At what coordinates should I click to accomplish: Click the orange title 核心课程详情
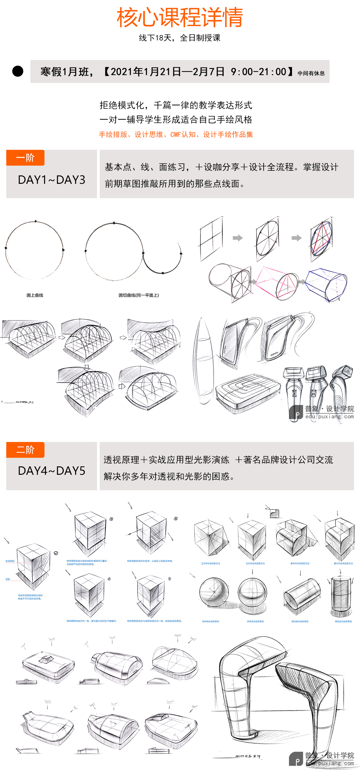pyautogui.click(x=180, y=17)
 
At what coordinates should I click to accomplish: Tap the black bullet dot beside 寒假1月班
pyautogui.click(x=18, y=71)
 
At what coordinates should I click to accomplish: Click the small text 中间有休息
pyautogui.click(x=311, y=73)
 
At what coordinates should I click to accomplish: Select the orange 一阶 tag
pyautogui.click(x=25, y=158)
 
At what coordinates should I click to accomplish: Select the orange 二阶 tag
pyautogui.click(x=25, y=450)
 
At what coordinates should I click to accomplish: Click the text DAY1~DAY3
pyautogui.click(x=51, y=180)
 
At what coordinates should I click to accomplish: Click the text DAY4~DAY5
pyautogui.click(x=51, y=471)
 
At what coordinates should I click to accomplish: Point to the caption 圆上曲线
pyautogui.click(x=35, y=295)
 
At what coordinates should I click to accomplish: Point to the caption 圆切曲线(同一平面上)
pyautogui.click(x=139, y=295)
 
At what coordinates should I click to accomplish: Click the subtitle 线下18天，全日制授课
pyautogui.click(x=180, y=38)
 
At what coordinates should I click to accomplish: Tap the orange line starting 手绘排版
pyautogui.click(x=176, y=135)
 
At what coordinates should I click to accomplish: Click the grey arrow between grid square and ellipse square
pyautogui.click(x=238, y=238)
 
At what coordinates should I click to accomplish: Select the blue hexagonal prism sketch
pyautogui.click(x=327, y=284)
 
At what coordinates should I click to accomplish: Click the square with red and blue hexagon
pyautogui.click(x=321, y=239)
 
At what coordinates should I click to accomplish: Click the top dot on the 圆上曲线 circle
pyautogui.click(x=36, y=221)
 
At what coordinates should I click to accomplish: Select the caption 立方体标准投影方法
pyautogui.click(x=210, y=563)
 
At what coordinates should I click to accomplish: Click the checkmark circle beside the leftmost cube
pyautogui.click(x=56, y=553)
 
